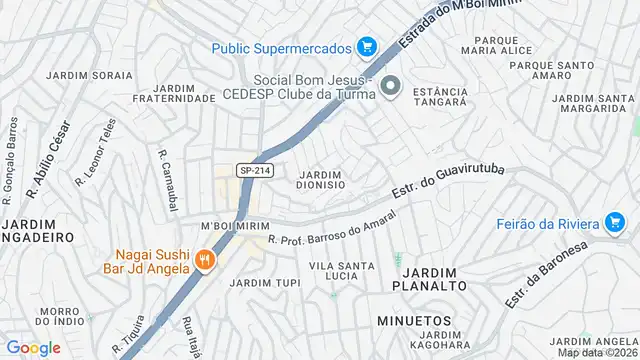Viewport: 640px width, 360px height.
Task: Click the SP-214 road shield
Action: click(254, 171)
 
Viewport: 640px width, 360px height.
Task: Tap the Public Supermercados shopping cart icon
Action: click(367, 47)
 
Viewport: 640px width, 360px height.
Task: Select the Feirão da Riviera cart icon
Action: click(615, 222)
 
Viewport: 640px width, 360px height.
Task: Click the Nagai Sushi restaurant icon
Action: click(205, 261)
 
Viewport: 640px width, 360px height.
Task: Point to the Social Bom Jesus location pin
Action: click(391, 87)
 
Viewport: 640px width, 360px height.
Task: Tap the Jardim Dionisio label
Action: click(321, 179)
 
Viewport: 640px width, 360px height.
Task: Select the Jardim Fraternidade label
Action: click(175, 93)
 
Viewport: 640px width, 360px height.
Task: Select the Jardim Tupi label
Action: click(265, 283)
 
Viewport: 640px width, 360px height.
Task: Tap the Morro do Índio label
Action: click(58, 316)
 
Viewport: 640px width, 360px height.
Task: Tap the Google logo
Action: click(33, 347)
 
